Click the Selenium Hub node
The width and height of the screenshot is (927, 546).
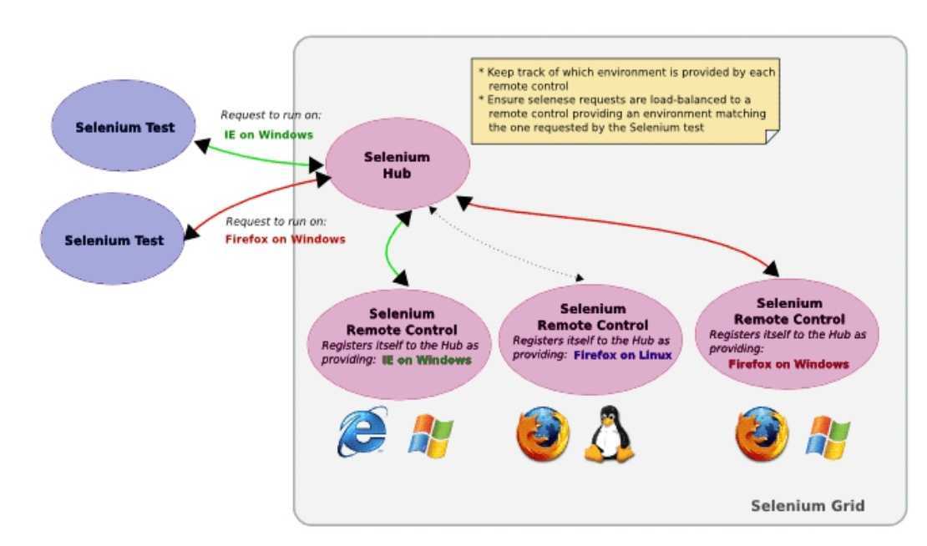click(397, 164)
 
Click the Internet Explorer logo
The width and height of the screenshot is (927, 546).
click(362, 432)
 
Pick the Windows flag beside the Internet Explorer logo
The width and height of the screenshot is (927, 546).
click(430, 435)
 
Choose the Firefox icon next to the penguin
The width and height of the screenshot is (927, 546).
click(543, 434)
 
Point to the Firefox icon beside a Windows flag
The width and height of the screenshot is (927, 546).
click(761, 434)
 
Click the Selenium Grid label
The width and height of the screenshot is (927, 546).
click(808, 505)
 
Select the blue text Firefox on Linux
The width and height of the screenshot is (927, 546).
click(622, 355)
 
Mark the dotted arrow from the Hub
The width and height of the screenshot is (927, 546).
click(505, 245)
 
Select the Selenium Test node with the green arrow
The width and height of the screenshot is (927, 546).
click(124, 128)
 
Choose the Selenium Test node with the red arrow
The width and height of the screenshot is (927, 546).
click(114, 240)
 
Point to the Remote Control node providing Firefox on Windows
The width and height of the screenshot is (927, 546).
click(788, 333)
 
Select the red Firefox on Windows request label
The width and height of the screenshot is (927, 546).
click(286, 239)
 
